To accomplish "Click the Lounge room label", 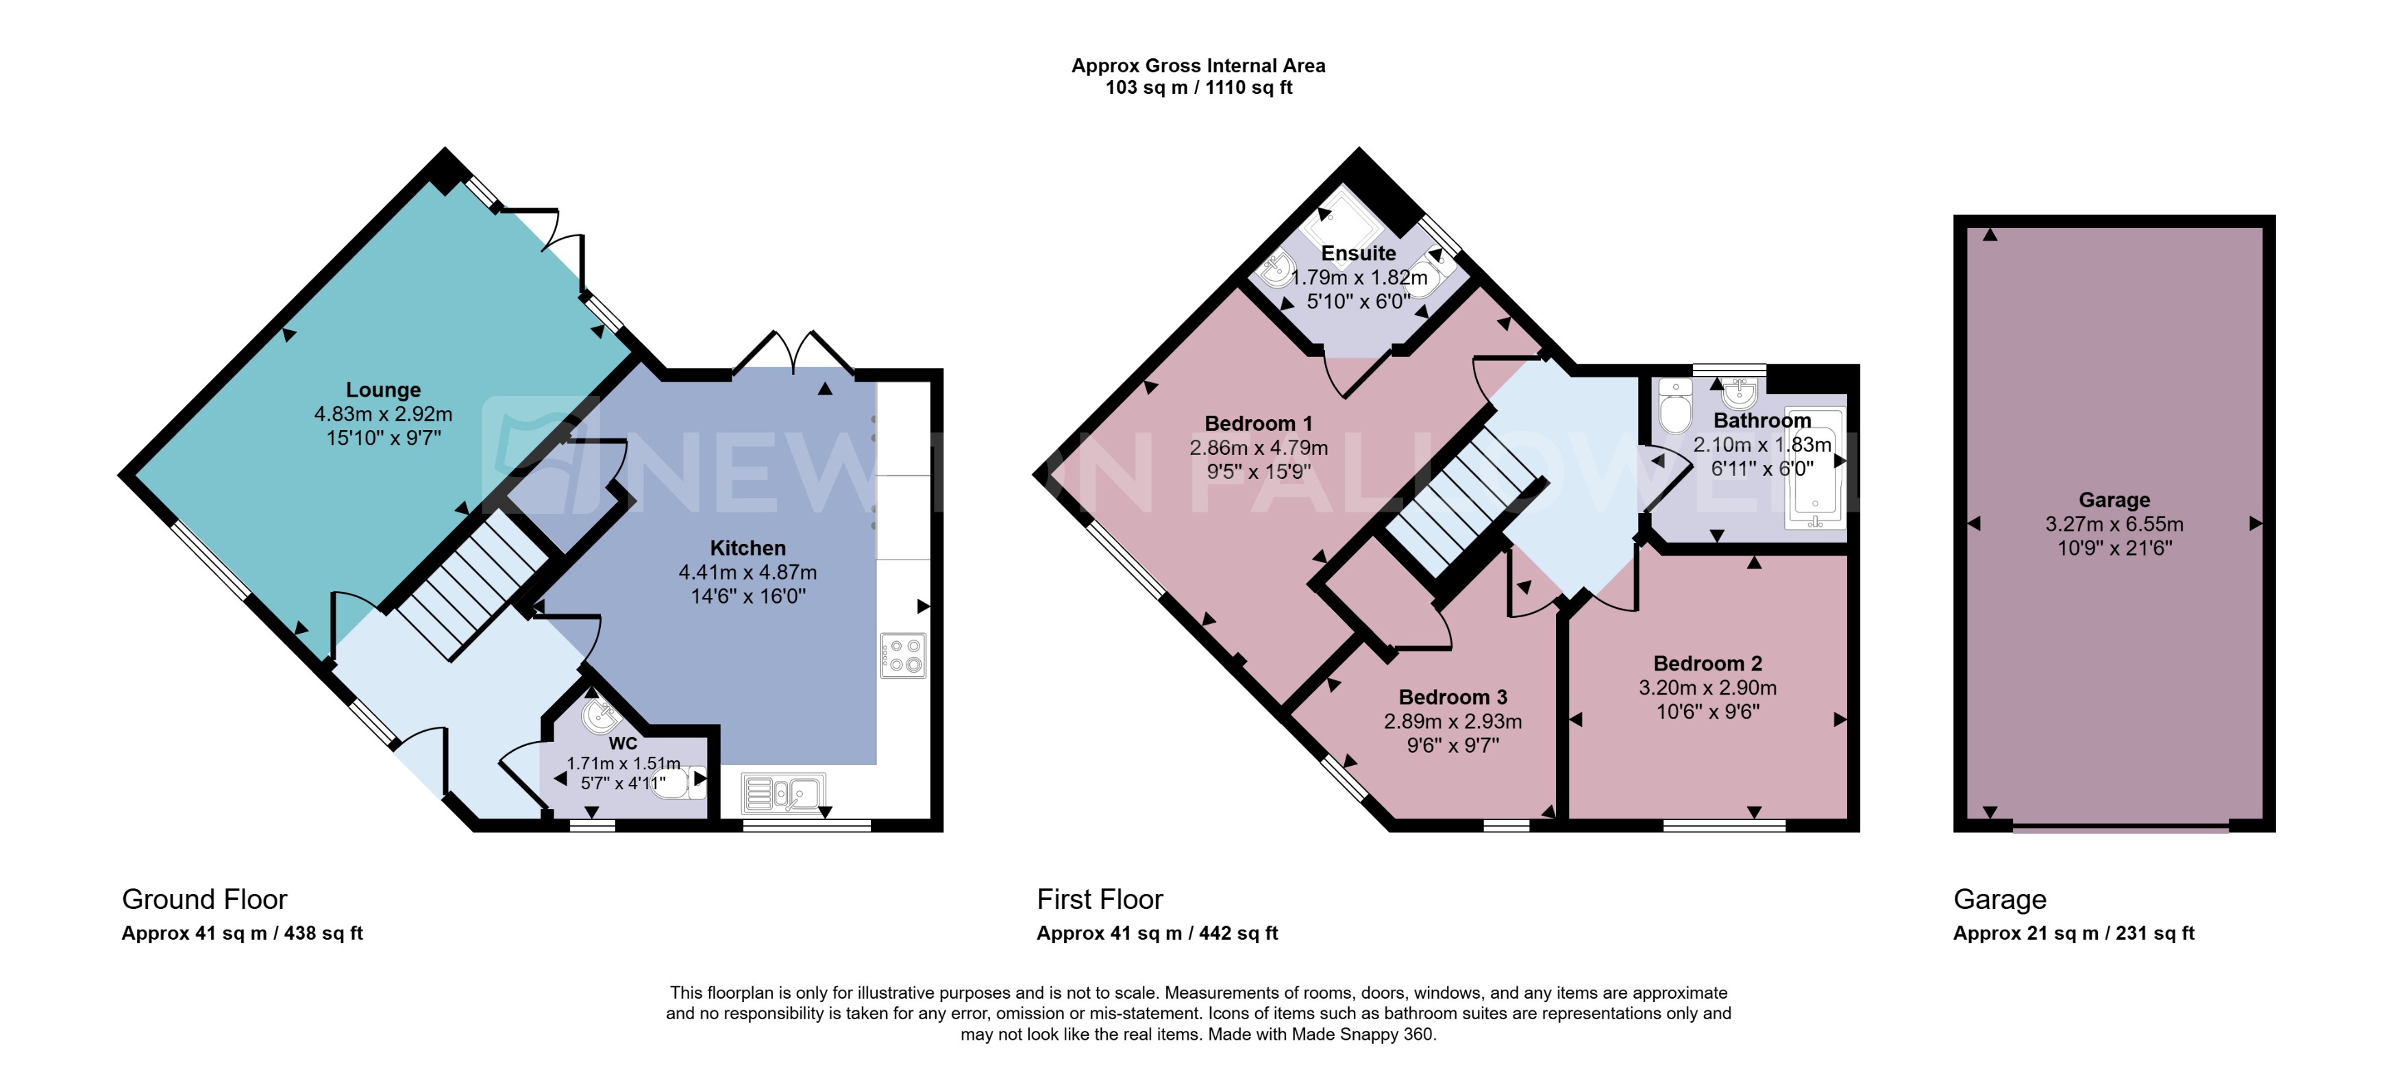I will coord(382,390).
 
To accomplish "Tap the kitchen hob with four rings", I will coord(902,655).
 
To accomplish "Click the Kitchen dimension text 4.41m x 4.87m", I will coord(747,572).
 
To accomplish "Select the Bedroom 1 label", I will coord(1258,424).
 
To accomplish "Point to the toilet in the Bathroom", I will coord(1674,408).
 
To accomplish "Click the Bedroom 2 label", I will coord(1707,664).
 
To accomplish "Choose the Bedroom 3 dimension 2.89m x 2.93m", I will coord(1453,721).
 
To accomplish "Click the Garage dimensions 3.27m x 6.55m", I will coord(2113,524).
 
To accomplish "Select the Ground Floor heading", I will coord(205,899).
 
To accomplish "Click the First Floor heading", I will coord(1100,899).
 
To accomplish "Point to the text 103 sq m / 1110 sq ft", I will coord(1198,88).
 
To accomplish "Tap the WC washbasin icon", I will coord(599,716).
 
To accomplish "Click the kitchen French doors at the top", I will coord(793,353).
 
